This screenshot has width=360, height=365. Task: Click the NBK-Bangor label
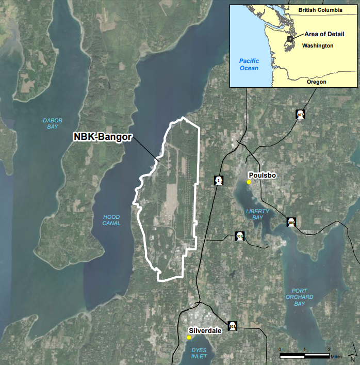pos(103,138)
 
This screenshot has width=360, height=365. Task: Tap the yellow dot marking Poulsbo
pos(249,182)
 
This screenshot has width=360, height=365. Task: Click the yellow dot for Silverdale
pos(189,338)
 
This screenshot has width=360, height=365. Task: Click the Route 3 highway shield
pos(219,180)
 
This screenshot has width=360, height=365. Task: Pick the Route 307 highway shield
pos(300,114)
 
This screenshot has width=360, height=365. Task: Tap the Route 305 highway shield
pos(291,222)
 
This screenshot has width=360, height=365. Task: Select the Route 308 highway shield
pos(239,235)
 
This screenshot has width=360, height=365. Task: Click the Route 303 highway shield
pos(232,326)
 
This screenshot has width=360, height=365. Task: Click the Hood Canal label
pos(111,220)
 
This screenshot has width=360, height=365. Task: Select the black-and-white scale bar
pos(304,355)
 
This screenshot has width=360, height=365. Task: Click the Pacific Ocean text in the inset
pos(249,65)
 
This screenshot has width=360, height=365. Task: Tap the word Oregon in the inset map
pos(317,82)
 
